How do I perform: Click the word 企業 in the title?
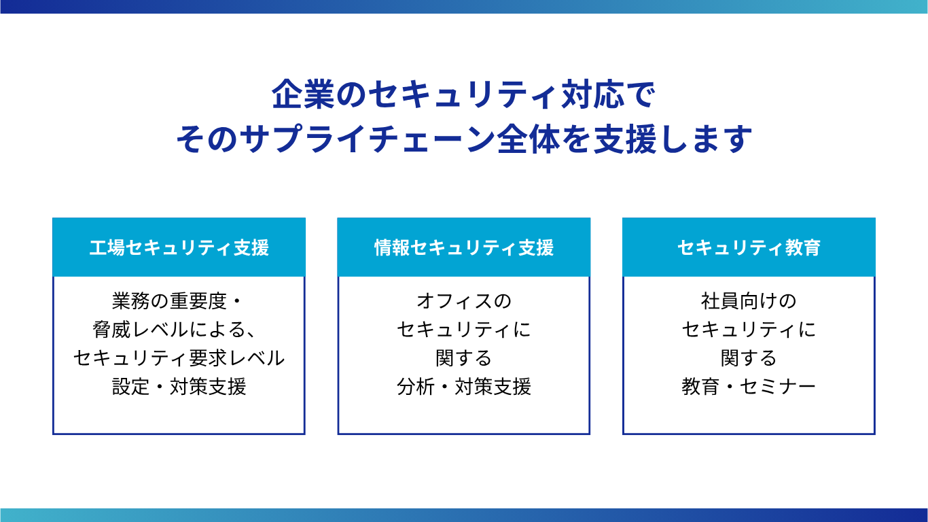pos(303,94)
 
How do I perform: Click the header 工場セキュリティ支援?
pos(179,247)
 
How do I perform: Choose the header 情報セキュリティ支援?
pos(464,247)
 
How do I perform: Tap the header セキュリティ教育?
pos(749,247)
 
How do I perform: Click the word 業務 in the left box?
pos(131,301)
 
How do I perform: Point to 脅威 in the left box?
pos(112,330)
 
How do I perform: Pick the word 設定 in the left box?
pos(131,387)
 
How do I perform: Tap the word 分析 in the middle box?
pos(416,387)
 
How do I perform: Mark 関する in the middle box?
pos(464,358)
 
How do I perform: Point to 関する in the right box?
pos(749,358)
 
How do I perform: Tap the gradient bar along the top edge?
pos(464,7)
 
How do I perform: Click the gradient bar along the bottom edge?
pos(464,515)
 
